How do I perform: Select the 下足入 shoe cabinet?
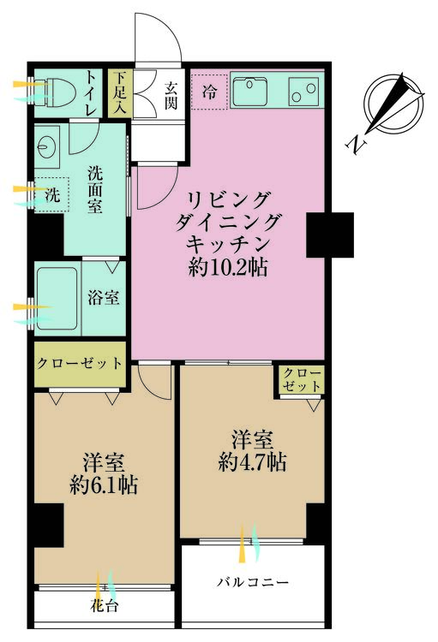pyautogui.click(x=117, y=93)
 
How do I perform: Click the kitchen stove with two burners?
pyautogui.click(x=303, y=89)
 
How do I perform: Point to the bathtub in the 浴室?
pyautogui.click(x=56, y=299)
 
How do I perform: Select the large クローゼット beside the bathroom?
pyautogui.click(x=79, y=363)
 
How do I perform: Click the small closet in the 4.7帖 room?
pyautogui.click(x=301, y=380)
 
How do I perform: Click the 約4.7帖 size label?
pyautogui.click(x=252, y=463)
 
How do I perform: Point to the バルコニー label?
pyautogui.click(x=252, y=583)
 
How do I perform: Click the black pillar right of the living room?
pyautogui.click(x=330, y=234)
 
